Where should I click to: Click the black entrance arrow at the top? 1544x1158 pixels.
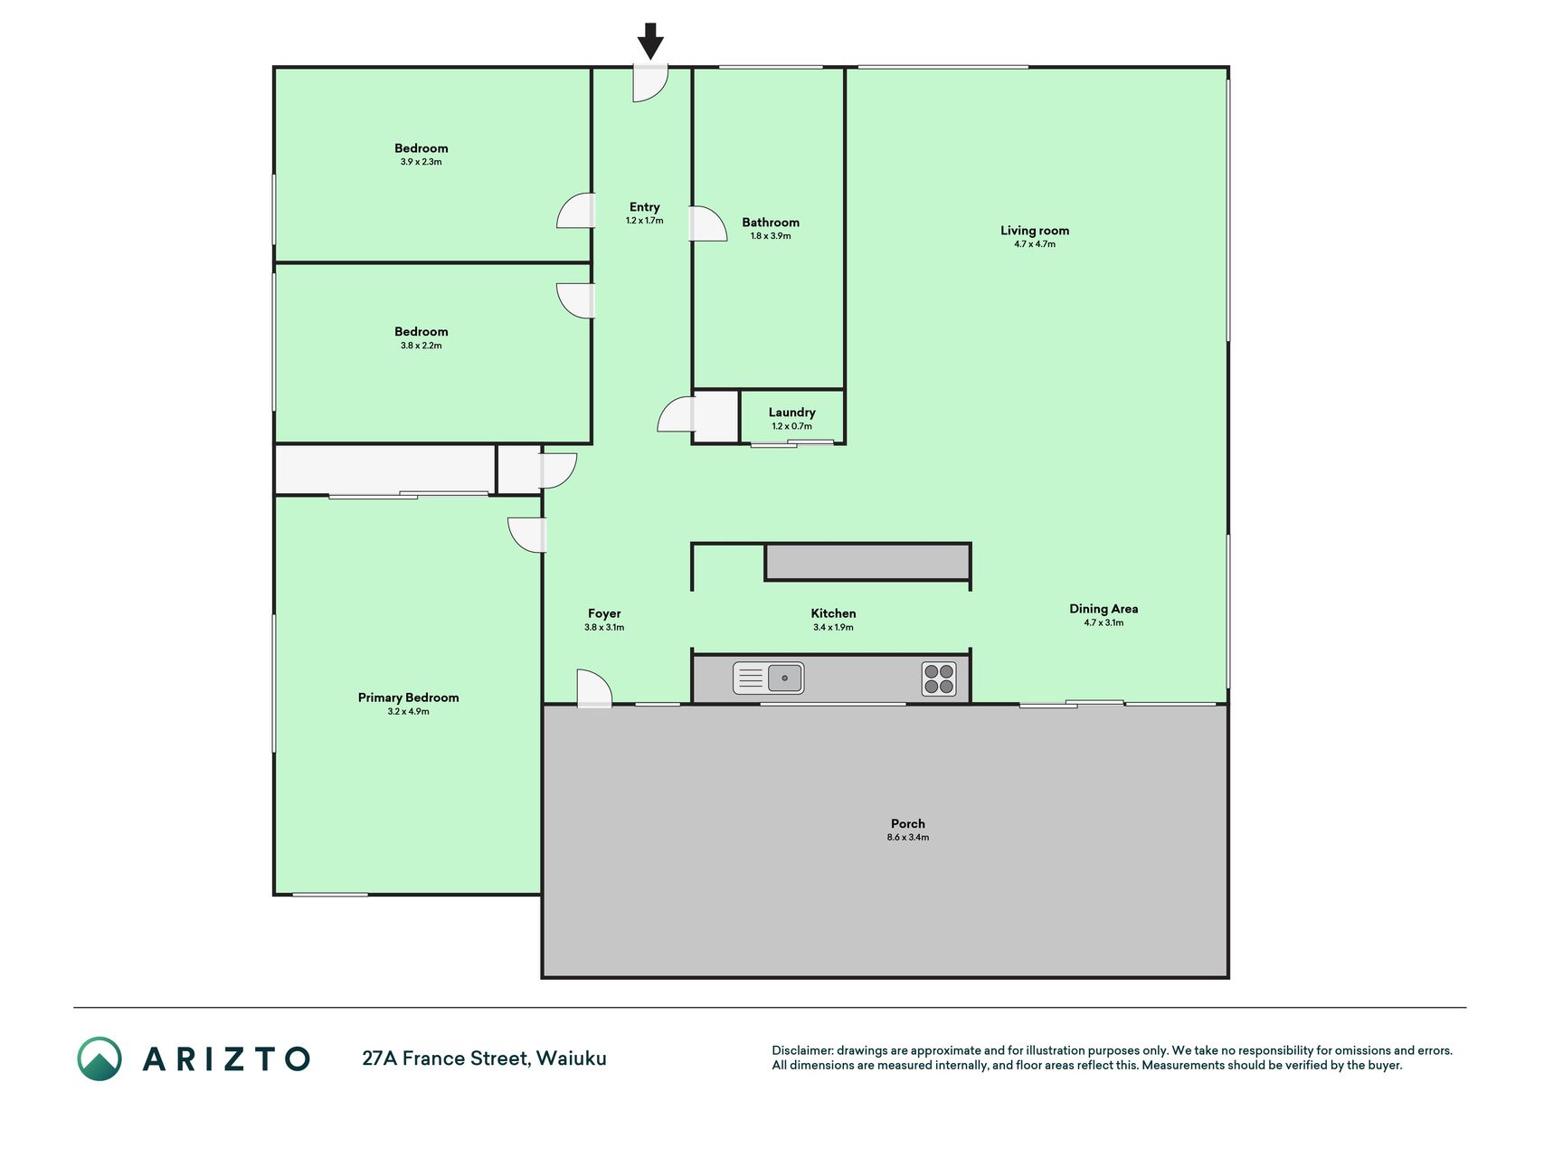click(x=650, y=42)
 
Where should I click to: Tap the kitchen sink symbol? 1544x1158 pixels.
click(x=768, y=678)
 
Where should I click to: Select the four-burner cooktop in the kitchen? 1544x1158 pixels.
click(x=939, y=679)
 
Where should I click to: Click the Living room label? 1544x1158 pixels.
click(x=1035, y=231)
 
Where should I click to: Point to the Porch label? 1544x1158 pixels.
click(x=908, y=823)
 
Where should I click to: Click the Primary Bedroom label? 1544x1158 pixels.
click(x=408, y=698)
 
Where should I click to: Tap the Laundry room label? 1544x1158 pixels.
click(x=792, y=413)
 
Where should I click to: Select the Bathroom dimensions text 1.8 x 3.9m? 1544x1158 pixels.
click(x=771, y=236)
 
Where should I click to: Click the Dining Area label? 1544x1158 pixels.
click(x=1104, y=609)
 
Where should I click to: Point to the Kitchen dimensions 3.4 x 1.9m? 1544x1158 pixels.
click(x=833, y=627)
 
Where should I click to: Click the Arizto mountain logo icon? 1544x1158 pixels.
click(x=99, y=1058)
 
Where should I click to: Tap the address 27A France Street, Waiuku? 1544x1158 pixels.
click(x=484, y=1058)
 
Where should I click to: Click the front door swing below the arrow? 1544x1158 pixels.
click(x=650, y=82)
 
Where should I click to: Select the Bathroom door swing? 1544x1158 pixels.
click(x=708, y=223)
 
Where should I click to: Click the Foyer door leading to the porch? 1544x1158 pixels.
click(x=594, y=688)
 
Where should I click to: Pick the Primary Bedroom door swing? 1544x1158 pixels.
click(x=527, y=535)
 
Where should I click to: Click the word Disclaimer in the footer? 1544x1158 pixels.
click(x=801, y=1050)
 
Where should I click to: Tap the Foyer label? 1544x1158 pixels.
click(x=604, y=613)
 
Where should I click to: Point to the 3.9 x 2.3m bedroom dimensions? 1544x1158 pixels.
click(x=422, y=162)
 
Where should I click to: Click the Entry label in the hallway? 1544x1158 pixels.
click(x=645, y=207)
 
